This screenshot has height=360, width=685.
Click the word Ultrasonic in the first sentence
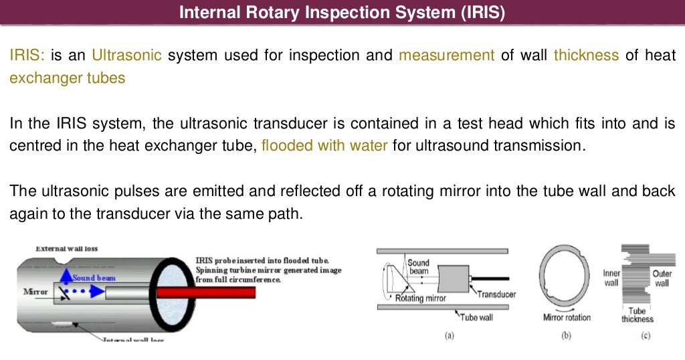click(x=126, y=55)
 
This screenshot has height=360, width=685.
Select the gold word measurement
click(x=446, y=55)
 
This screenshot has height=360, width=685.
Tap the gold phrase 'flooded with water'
click(x=324, y=145)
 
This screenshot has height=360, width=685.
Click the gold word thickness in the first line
click(x=586, y=55)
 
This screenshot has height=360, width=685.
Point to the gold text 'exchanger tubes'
click(x=67, y=78)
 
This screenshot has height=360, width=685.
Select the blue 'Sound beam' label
click(x=94, y=278)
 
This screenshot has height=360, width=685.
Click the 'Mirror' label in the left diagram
click(x=35, y=292)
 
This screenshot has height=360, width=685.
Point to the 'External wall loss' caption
click(x=66, y=248)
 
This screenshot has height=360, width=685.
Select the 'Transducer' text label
click(x=496, y=294)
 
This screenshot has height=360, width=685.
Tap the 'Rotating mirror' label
click(x=419, y=298)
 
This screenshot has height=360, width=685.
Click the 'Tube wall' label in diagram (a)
click(x=476, y=317)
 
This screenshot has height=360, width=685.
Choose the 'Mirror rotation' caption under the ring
click(x=567, y=317)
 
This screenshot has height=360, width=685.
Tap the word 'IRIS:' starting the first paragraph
click(x=27, y=55)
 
